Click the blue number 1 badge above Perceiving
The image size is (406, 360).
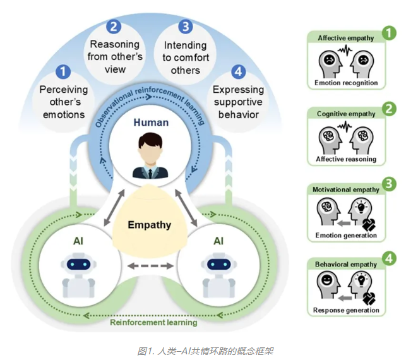(64, 72)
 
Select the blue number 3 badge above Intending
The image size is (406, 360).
(185, 27)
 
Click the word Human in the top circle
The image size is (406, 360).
(151, 123)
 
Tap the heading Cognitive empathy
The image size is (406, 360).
(345, 114)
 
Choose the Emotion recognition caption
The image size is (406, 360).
(346, 83)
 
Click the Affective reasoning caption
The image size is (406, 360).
(346, 159)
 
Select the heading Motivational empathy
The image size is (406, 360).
(346, 189)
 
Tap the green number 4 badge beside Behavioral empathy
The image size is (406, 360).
(390, 258)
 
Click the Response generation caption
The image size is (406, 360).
(346, 310)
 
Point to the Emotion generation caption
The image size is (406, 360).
(346, 235)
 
